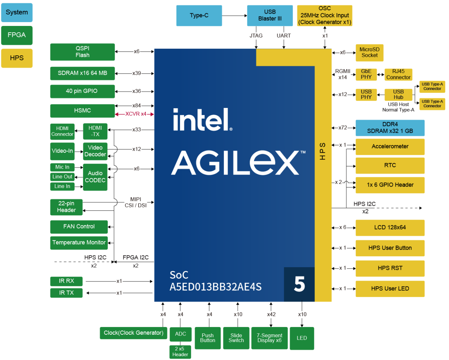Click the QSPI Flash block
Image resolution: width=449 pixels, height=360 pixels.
tap(82, 52)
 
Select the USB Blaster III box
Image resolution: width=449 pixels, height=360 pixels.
tap(270, 15)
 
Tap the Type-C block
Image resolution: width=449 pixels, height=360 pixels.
tap(199, 15)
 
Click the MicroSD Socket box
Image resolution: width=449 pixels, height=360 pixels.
tap(369, 53)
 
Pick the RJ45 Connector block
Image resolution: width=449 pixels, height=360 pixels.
tap(398, 74)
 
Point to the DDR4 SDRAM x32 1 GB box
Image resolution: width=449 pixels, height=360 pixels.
tap(390, 128)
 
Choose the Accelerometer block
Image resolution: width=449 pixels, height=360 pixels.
tap(390, 147)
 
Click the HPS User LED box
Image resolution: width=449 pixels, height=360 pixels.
tap(390, 288)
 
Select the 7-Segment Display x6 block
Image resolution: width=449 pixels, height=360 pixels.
tap(269, 338)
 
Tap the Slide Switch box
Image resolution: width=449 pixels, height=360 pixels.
tap(236, 338)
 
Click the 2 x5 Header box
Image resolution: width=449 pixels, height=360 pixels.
tap(180, 352)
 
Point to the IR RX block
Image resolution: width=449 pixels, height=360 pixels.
tap(66, 281)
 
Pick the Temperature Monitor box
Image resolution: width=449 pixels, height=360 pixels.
tap(79, 243)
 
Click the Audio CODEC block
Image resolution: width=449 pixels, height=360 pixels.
tap(95, 177)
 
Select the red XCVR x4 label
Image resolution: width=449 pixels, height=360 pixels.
tap(136, 114)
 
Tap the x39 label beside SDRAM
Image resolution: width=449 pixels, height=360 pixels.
tap(136, 73)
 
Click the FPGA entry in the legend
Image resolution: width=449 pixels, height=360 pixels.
tap(16, 35)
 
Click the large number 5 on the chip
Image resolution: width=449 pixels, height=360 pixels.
tap(299, 284)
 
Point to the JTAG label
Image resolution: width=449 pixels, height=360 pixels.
tap(256, 36)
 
